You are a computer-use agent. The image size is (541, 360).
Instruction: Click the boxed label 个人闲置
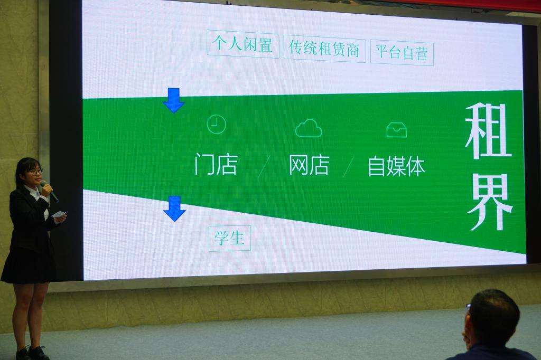pyautogui.click(x=243, y=44)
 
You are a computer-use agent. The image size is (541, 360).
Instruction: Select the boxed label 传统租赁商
pyautogui.click(x=325, y=49)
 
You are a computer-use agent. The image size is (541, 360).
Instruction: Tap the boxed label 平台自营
pyautogui.click(x=402, y=53)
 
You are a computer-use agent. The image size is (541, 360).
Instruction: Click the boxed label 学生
pyautogui.click(x=229, y=238)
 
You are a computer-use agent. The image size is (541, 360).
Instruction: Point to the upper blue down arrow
pyautogui.click(x=173, y=100)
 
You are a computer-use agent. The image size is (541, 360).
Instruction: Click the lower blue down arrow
pyautogui.click(x=174, y=209)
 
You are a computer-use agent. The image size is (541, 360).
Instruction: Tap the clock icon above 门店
pyautogui.click(x=216, y=125)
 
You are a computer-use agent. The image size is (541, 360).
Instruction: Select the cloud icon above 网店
pyautogui.click(x=309, y=128)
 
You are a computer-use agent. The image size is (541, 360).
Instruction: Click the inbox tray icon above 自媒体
pyautogui.click(x=397, y=130)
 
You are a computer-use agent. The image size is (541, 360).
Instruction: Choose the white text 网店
pyautogui.click(x=309, y=165)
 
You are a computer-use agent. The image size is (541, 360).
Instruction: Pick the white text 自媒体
pyautogui.click(x=396, y=167)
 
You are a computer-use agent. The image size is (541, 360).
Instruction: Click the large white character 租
pyautogui.click(x=488, y=132)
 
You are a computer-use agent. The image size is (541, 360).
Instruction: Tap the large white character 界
pyautogui.click(x=490, y=202)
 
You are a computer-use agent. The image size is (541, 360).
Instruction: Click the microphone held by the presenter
pyautogui.click(x=49, y=191)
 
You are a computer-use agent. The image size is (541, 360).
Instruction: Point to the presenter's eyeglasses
pyautogui.click(x=35, y=171)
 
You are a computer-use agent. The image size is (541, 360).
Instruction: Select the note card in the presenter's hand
pyautogui.click(x=59, y=214)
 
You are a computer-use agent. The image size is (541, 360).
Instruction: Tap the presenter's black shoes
pyautogui.click(x=32, y=353)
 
